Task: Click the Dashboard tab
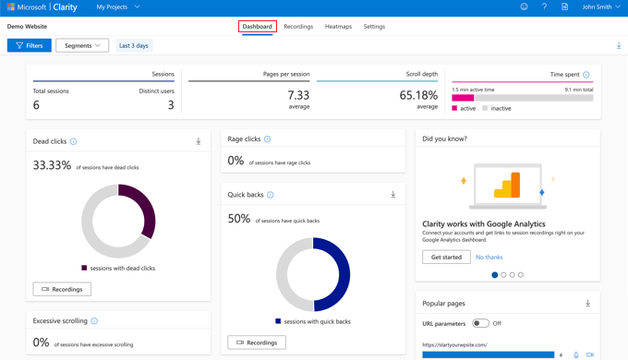(x=257, y=27)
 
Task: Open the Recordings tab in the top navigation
(x=298, y=27)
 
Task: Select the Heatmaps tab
(x=338, y=27)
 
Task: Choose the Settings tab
(x=374, y=27)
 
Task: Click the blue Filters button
(x=30, y=45)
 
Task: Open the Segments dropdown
(x=82, y=45)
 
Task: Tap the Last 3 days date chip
(x=134, y=45)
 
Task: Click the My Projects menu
(x=118, y=7)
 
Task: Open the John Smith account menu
(x=601, y=7)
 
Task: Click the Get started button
(x=446, y=257)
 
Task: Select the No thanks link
(x=489, y=258)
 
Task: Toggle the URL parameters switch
(x=480, y=323)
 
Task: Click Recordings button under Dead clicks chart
(x=62, y=289)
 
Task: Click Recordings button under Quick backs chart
(x=257, y=342)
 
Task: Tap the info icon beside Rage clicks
(x=268, y=139)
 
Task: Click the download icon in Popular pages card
(x=587, y=303)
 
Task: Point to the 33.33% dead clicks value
(x=52, y=165)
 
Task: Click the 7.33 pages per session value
(x=298, y=95)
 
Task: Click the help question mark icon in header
(x=544, y=7)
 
